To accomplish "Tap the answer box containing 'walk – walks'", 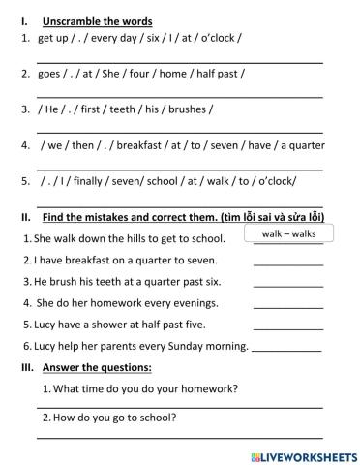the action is pos(288,233).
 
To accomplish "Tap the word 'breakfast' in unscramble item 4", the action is pos(142,145).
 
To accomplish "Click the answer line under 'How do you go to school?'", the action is pos(179,438).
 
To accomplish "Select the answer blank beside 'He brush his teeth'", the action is pos(288,286).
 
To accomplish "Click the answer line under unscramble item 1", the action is pos(179,60).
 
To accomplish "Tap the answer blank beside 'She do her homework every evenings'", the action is pos(288,307).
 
